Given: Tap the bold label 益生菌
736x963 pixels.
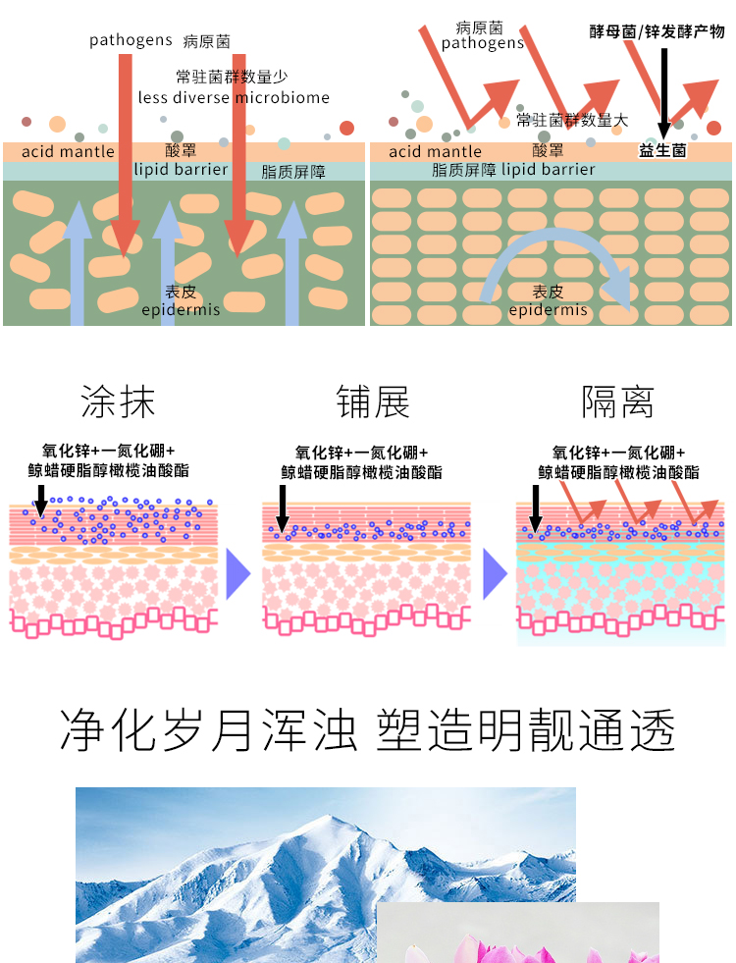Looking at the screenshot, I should (x=662, y=151).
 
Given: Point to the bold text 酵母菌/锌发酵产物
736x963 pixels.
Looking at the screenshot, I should (x=657, y=31).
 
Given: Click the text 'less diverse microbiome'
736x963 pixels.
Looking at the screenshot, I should (x=234, y=97).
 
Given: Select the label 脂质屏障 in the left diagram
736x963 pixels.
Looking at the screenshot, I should (x=293, y=172).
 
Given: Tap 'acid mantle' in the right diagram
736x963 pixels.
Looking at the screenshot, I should (x=435, y=151).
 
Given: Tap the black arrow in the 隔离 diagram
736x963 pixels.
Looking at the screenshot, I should (x=535, y=506).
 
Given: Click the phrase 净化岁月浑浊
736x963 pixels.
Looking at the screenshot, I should (x=208, y=730).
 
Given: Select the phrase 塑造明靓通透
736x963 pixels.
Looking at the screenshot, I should (x=526, y=730).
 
